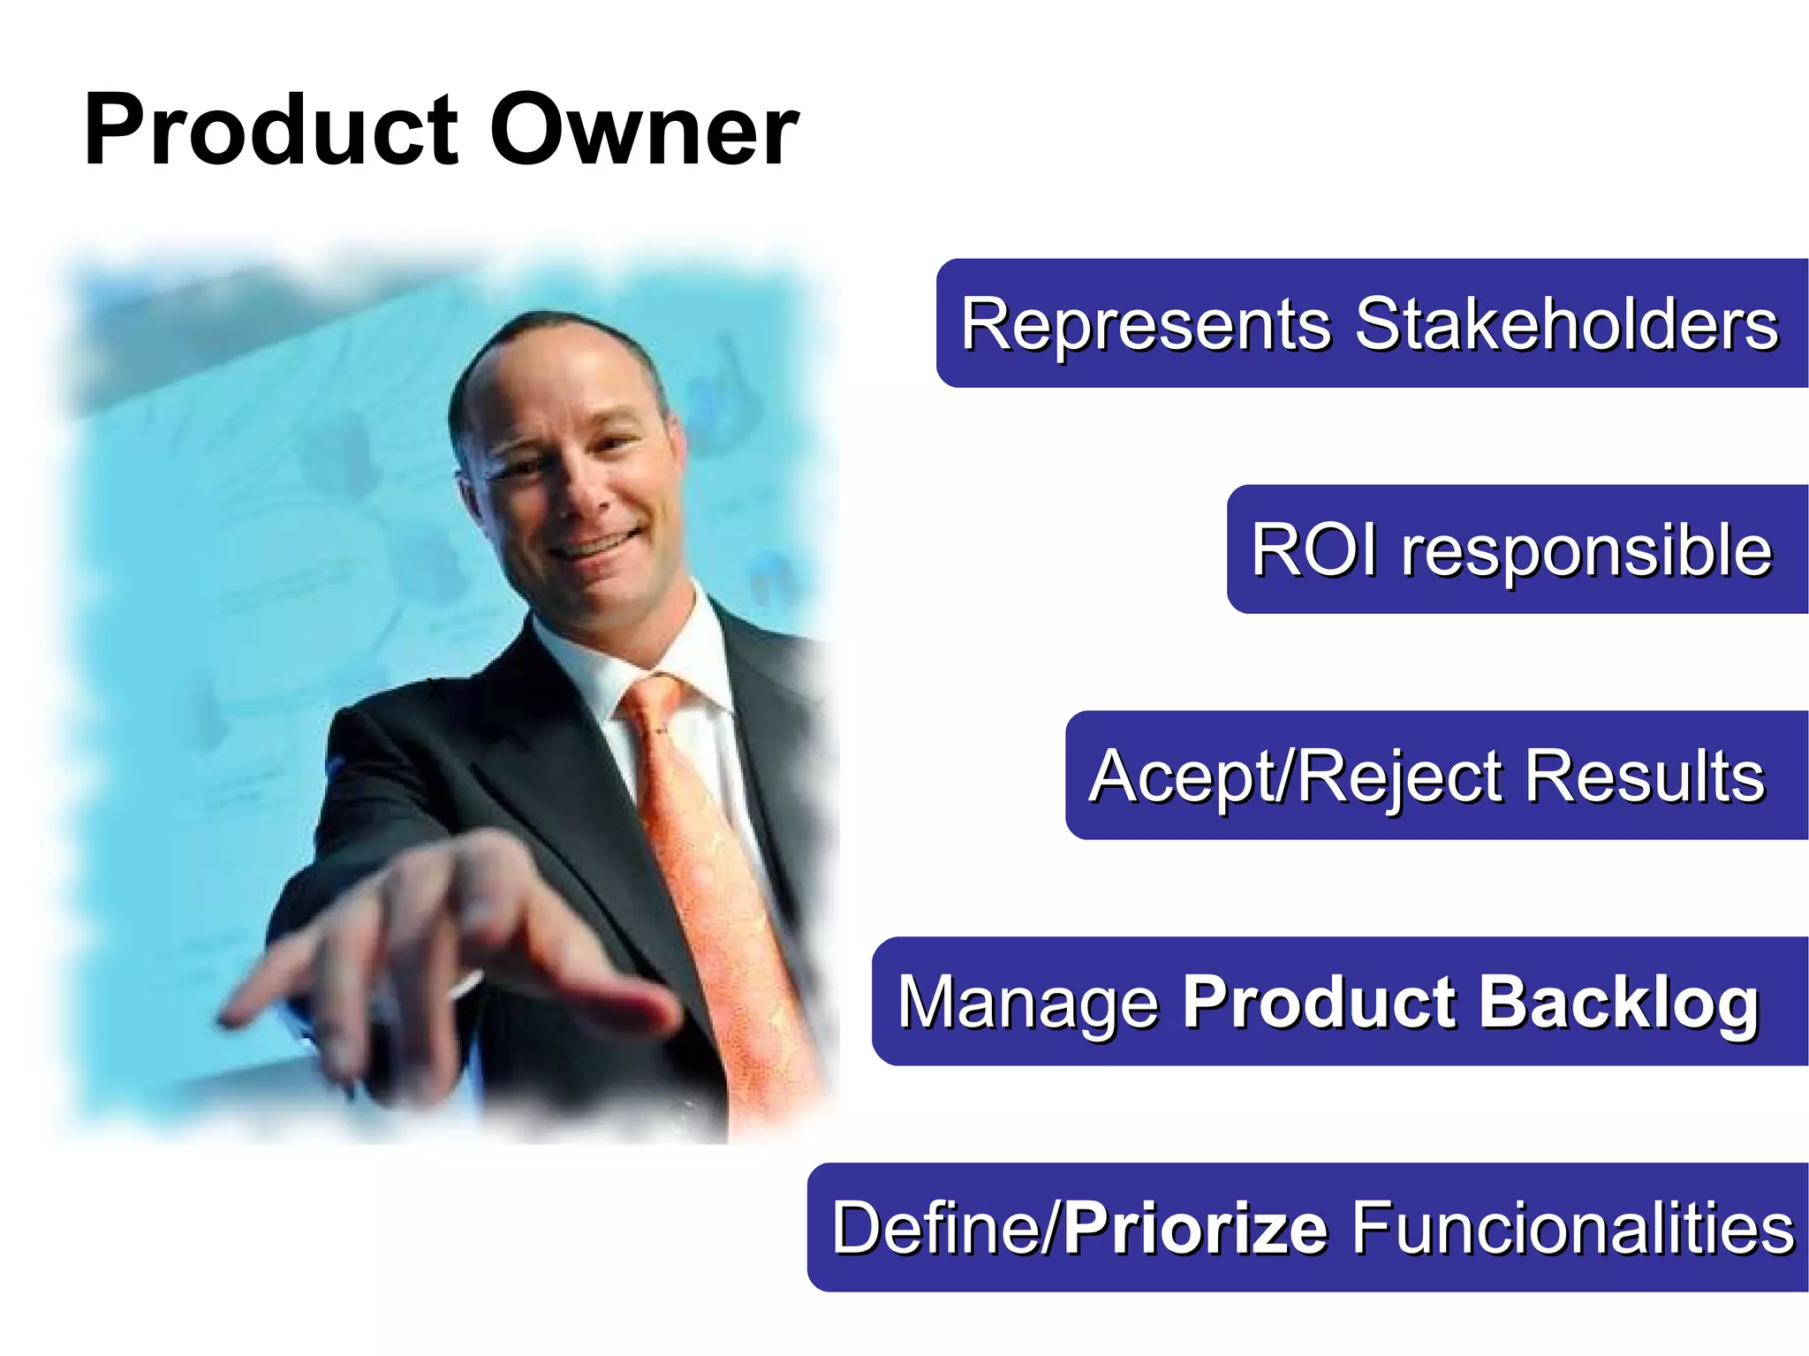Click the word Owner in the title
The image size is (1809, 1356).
[x=644, y=131]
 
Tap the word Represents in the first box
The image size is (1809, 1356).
[x=1146, y=324]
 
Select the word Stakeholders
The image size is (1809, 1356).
[x=1565, y=324]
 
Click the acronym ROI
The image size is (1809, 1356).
[x=1314, y=549]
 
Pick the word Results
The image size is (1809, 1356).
[x=1644, y=776]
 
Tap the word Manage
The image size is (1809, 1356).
[x=1027, y=1003]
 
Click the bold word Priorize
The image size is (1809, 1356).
[x=1195, y=1228]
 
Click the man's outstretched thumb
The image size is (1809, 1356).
[x=609, y=998]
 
